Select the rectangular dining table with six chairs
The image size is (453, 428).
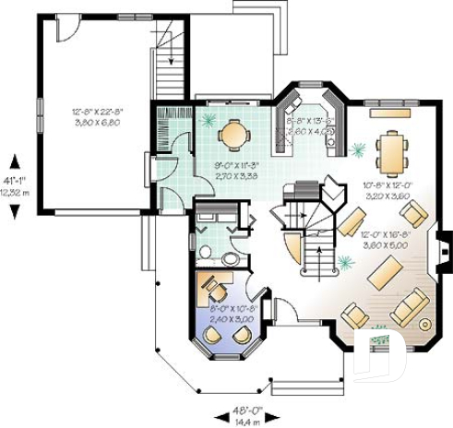click(395, 152)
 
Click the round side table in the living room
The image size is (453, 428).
click(424, 325)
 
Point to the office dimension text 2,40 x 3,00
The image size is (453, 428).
click(228, 319)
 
